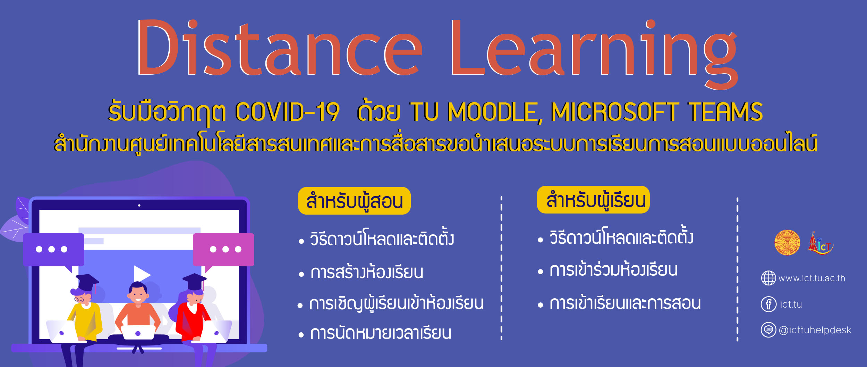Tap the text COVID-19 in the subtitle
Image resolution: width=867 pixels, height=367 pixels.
pos(287,112)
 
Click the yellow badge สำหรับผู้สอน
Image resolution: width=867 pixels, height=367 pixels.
pos(354,201)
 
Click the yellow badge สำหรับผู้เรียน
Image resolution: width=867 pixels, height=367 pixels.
pos(593,200)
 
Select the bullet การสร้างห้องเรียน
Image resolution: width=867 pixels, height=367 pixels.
pos(366,272)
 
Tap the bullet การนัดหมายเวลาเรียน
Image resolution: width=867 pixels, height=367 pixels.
pos(381,333)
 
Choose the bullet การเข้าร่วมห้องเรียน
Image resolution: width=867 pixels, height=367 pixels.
pos(613,270)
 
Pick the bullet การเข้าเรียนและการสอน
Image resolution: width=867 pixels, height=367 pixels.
pos(625,303)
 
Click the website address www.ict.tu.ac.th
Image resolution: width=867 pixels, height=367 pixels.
pos(811,278)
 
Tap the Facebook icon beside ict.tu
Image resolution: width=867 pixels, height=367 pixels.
pos(768,305)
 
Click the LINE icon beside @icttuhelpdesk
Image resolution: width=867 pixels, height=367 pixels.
pos(768,330)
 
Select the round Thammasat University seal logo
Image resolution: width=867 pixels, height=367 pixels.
pos(787,242)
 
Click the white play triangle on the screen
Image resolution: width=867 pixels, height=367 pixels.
pos(141,274)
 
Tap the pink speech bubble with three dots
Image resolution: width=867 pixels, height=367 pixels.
pos(224,250)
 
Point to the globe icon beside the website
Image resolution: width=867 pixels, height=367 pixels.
pos(768,278)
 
